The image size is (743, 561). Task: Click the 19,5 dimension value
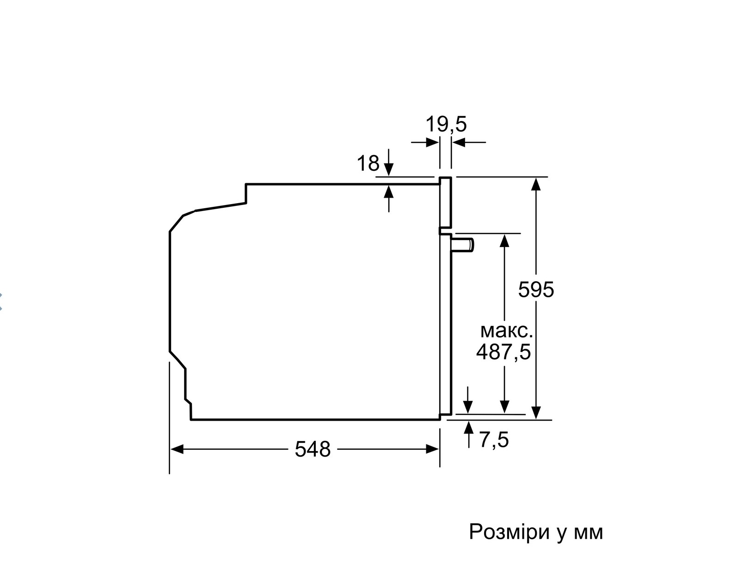446,124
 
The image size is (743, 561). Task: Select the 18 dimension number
368,163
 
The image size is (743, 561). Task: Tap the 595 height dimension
536,290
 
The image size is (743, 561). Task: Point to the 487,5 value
504,352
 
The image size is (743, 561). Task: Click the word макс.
506,331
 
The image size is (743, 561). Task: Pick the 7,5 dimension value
494,440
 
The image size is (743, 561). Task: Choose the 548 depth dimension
313,449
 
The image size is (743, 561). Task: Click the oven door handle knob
462,245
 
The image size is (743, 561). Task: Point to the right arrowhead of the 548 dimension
432,449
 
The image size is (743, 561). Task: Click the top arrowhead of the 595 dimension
536,184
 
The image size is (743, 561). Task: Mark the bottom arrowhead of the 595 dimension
536,413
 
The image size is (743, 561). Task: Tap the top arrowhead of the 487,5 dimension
504,241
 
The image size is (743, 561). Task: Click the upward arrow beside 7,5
469,434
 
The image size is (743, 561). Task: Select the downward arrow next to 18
389,163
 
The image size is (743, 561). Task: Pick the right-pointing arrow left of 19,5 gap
425,142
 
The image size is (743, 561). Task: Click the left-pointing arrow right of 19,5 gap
469,142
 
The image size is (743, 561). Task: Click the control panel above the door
446,202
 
